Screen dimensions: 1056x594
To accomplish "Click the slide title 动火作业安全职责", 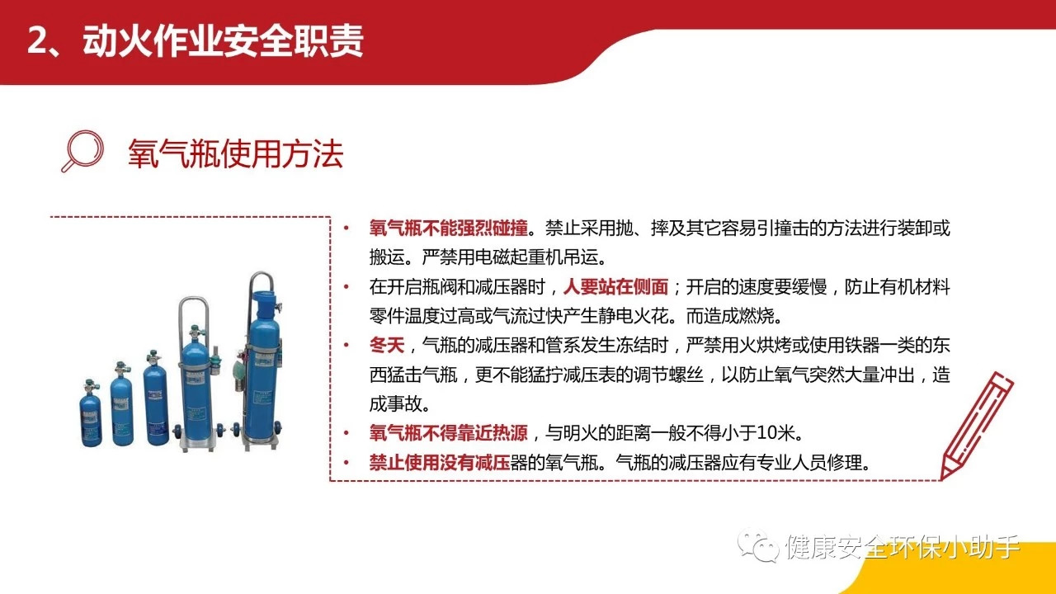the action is pyautogui.click(x=223, y=41).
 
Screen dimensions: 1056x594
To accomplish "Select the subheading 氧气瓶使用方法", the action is pyautogui.click(x=235, y=153).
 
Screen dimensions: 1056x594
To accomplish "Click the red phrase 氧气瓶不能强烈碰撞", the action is pyautogui.click(x=448, y=229).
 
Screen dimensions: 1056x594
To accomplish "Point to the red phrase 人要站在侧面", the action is pyautogui.click(x=615, y=286).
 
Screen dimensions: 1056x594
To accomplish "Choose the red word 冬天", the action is pyautogui.click(x=387, y=345).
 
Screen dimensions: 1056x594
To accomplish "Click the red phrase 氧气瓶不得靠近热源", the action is pyautogui.click(x=448, y=433).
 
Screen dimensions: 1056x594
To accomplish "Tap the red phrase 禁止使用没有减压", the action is pyautogui.click(x=440, y=463).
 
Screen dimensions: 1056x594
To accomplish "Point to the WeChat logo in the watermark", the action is pyautogui.click(x=758, y=546).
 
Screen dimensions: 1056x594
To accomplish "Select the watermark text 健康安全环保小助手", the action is pyautogui.click(x=903, y=547).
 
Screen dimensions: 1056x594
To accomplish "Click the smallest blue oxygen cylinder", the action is pyautogui.click(x=91, y=413).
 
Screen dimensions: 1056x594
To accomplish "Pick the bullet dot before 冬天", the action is pyautogui.click(x=346, y=345).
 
